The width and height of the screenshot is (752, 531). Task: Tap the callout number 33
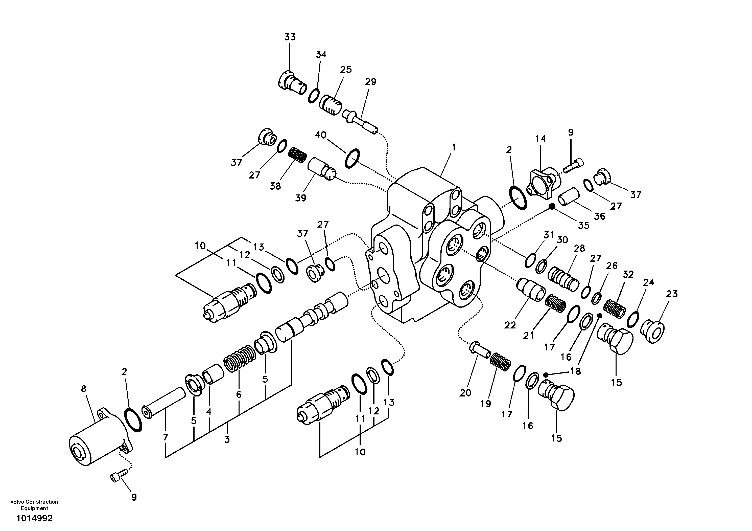click(x=290, y=37)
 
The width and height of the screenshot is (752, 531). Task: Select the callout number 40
click(x=321, y=135)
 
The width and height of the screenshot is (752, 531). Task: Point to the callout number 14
click(x=540, y=138)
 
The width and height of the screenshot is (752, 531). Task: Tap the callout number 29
click(x=370, y=82)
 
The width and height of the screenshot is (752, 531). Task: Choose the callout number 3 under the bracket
click(x=227, y=439)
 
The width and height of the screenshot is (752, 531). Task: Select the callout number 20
click(x=465, y=393)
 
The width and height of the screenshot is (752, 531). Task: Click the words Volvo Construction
click(x=34, y=502)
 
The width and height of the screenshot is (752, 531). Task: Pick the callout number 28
click(x=579, y=248)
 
